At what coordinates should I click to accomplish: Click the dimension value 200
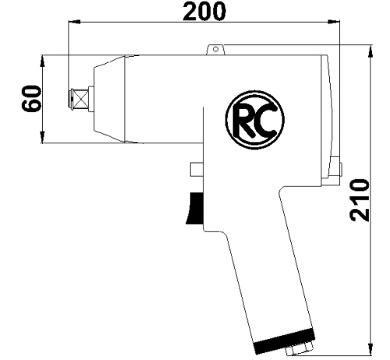pos(204,12)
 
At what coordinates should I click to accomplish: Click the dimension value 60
pos(31,100)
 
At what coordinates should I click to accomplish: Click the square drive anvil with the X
pos(78,98)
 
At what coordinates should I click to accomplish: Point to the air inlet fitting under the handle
pos(300,353)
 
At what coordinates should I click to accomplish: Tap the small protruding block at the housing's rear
pos(335,166)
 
